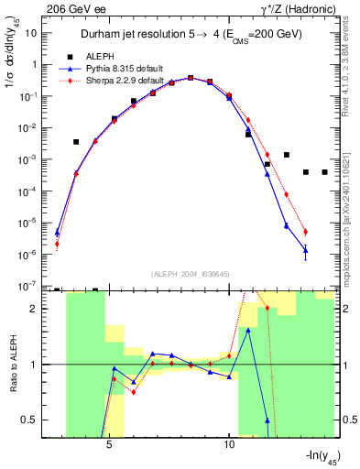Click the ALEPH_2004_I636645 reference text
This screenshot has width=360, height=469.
pos(191,274)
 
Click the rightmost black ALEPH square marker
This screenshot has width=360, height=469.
pos(324,172)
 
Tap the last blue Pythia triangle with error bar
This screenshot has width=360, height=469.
pos(305,249)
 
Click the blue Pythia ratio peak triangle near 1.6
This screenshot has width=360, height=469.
pos(248,331)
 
